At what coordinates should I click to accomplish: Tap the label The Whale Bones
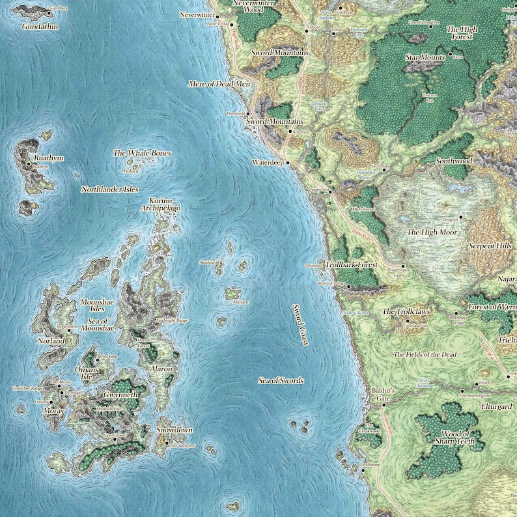point(142,153)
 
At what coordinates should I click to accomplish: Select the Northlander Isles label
point(110,189)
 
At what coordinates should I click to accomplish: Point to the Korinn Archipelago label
point(160,204)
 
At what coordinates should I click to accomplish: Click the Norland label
point(51,341)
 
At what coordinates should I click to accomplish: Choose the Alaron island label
point(161,369)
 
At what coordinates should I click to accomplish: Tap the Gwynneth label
point(120,395)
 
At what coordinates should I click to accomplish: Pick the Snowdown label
point(175,430)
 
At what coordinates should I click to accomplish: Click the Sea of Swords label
point(281,380)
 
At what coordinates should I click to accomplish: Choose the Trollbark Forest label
point(352,266)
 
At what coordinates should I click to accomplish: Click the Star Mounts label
point(425,58)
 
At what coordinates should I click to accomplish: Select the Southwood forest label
point(454,160)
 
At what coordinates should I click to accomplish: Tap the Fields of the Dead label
point(426,354)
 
